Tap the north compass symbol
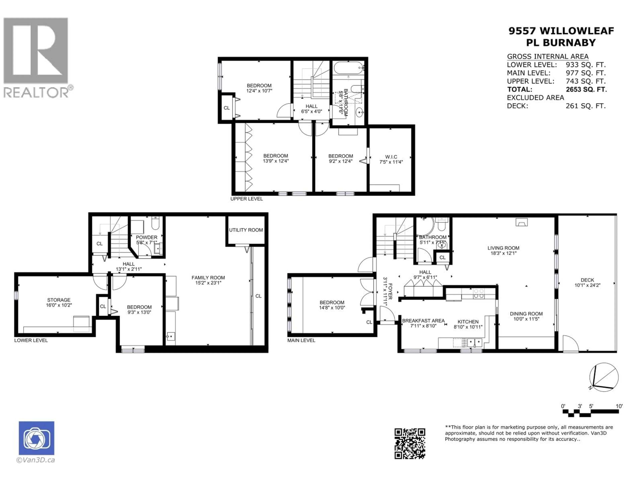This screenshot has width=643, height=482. point(604,377)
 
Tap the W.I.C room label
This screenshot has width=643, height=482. point(391,157)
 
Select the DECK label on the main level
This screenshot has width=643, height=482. point(587,280)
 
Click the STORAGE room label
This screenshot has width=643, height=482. point(59,300)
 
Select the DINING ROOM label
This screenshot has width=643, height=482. point(526,314)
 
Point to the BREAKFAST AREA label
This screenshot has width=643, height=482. point(423,321)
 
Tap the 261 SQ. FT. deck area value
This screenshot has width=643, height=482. point(585,106)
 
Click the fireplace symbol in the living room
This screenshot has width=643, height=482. point(521,223)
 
